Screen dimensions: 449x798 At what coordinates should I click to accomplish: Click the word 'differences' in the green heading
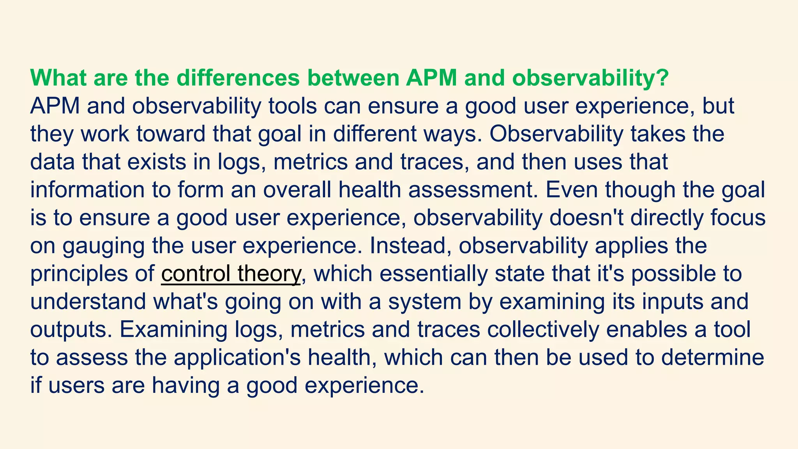pos(238,78)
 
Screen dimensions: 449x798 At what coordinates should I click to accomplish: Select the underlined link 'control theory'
pos(231,274)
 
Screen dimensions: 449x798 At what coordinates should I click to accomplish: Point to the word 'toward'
pos(171,134)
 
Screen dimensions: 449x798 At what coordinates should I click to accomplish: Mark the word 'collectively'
pos(542,329)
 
